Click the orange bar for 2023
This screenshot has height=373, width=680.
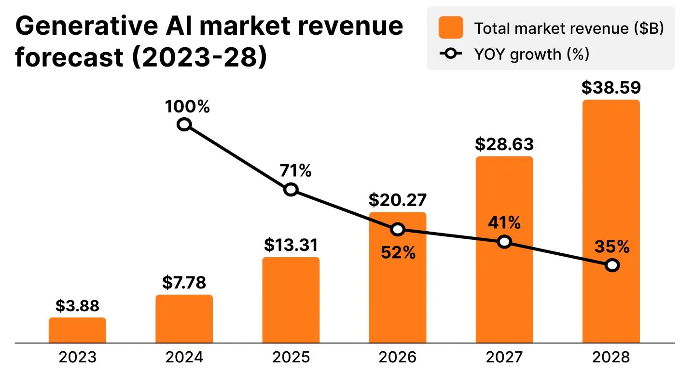(77, 330)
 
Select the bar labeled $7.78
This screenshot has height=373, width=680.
(184, 319)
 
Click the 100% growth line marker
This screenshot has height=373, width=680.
(184, 125)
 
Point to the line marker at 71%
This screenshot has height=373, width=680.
(291, 189)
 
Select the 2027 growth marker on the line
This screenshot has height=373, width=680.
(504, 242)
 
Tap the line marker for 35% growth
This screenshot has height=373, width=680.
(611, 265)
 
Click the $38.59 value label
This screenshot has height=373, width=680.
(611, 88)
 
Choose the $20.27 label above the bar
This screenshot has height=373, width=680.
(397, 200)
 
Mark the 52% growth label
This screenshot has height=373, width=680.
(398, 253)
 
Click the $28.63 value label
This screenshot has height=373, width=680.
(504, 144)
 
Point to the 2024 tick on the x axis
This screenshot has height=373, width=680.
(184, 358)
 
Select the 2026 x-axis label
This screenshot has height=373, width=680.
(397, 358)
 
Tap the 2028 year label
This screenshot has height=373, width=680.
(611, 358)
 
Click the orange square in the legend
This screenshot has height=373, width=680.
(450, 28)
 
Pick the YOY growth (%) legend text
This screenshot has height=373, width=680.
(531, 54)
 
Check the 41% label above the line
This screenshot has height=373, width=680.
(504, 223)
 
